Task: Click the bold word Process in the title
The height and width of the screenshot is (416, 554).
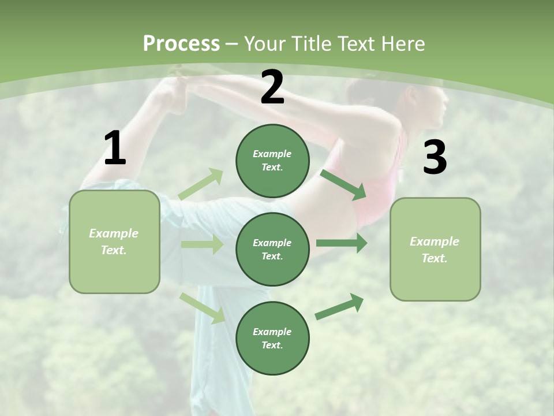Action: [181, 44]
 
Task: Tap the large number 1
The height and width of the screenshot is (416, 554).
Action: [115, 148]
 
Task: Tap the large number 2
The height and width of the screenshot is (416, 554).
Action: [272, 87]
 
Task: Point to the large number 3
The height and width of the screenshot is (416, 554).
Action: [435, 158]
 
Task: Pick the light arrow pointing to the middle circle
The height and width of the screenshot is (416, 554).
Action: [202, 244]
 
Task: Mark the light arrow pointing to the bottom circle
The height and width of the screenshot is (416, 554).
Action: [203, 307]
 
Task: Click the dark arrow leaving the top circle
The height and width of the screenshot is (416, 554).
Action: [343, 184]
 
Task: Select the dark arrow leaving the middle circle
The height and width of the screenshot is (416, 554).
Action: [342, 244]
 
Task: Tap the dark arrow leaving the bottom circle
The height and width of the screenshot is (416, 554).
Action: [340, 307]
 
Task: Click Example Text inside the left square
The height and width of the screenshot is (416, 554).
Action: [114, 242]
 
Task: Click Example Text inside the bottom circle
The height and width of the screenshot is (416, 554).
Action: [272, 339]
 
